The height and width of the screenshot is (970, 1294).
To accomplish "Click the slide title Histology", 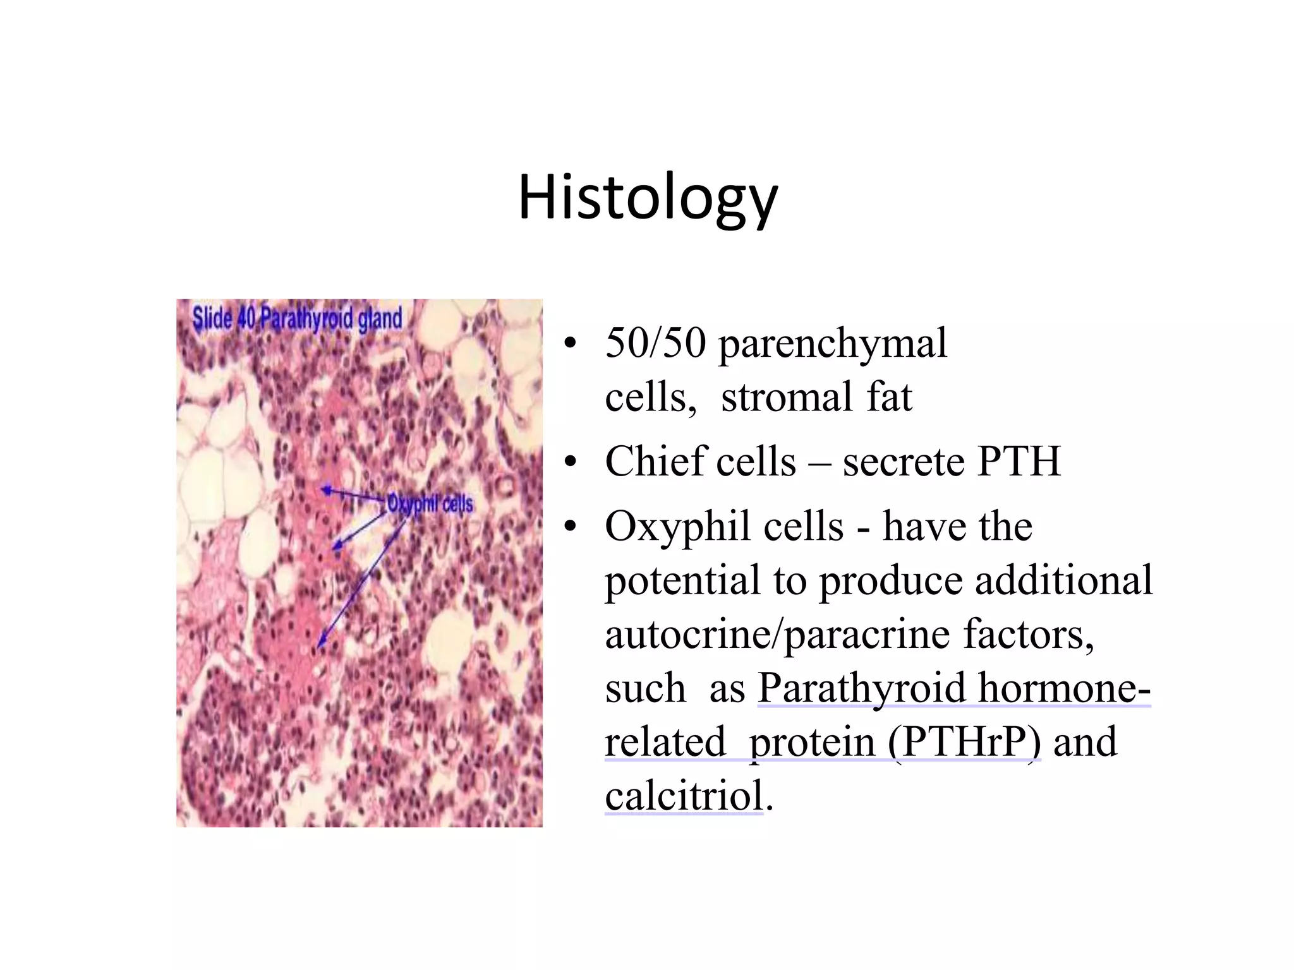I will tap(648, 197).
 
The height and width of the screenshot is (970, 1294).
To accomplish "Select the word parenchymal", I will tap(833, 344).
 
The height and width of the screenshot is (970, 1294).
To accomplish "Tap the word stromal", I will tap(786, 397).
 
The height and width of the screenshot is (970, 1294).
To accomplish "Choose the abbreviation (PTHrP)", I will tap(964, 742).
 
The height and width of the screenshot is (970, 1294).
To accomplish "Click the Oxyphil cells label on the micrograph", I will tap(430, 504).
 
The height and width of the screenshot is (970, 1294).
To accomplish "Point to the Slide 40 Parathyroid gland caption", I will tap(297, 318).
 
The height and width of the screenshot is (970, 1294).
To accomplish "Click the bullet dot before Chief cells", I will tap(571, 462).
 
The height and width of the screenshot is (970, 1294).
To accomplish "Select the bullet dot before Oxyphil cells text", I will tap(571, 526).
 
